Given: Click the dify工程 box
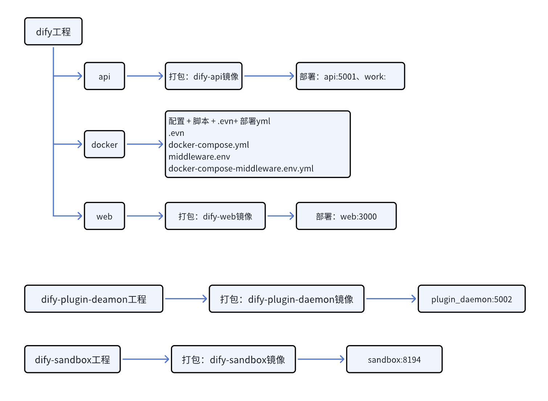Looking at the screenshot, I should coord(53,32).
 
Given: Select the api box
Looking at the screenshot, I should coord(105,76).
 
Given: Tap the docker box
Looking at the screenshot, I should coord(105,145).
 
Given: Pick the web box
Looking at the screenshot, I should coord(105,216).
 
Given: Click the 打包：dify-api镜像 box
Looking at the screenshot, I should coord(204,76).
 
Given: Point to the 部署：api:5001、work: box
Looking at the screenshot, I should coord(350,76).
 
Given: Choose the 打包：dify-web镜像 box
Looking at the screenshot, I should coord(215,216).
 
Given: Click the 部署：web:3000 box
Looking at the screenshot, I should coord(346,216).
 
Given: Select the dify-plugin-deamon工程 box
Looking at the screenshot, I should coord(94,299).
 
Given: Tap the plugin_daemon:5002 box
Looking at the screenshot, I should coord(471,299).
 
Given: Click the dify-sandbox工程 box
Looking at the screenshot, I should coord(72,360).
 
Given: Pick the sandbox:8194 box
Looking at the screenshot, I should coord(394,360).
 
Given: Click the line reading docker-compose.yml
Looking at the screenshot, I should coord(209,145).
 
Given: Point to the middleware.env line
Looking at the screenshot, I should coord(199,157).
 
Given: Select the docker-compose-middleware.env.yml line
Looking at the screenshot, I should coord(241,169).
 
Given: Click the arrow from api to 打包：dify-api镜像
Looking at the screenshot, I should coord(145,76).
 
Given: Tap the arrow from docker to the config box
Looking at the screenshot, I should coord(145,145).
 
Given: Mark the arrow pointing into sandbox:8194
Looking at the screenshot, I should coord(321,360).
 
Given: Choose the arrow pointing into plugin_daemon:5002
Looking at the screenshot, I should coord(391,299).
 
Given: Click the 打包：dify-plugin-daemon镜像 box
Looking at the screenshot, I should coord(287,299).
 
